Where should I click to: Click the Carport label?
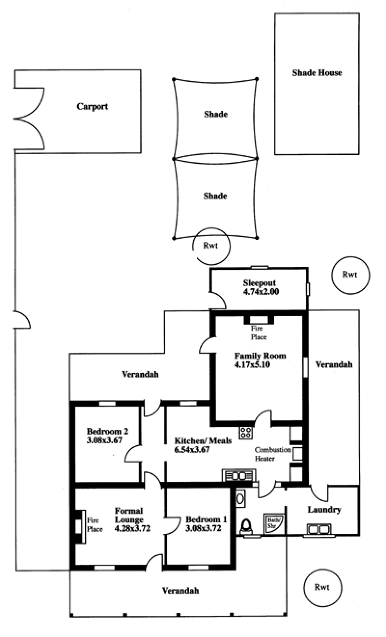pyautogui.click(x=93, y=106)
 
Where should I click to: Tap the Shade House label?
pyautogui.click(x=317, y=73)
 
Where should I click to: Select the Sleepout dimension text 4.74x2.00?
pyautogui.click(x=261, y=292)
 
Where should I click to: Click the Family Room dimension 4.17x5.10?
pyautogui.click(x=252, y=365)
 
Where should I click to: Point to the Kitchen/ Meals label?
pyautogui.click(x=203, y=441)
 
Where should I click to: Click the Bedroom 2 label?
pyautogui.click(x=108, y=431)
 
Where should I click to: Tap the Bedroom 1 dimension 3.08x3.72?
pyautogui.click(x=204, y=528)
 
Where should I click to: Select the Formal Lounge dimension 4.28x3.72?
pyautogui.click(x=132, y=529)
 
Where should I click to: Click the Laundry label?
pyautogui.click(x=324, y=510)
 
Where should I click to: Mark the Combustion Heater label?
pyautogui.click(x=273, y=454)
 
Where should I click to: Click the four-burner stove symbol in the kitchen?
pyautogui.click(x=246, y=433)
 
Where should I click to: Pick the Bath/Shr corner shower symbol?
pyautogui.click(x=274, y=524)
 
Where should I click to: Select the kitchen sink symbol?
pyautogui.click(x=239, y=476)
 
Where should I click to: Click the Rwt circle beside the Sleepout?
pyautogui.click(x=350, y=275)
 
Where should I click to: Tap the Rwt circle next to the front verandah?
pyautogui.click(x=323, y=587)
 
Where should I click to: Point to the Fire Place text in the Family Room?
pyautogui.click(x=259, y=333)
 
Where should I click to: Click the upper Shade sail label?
pyautogui.click(x=216, y=114)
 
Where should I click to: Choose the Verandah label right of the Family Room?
pyautogui.click(x=334, y=365)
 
